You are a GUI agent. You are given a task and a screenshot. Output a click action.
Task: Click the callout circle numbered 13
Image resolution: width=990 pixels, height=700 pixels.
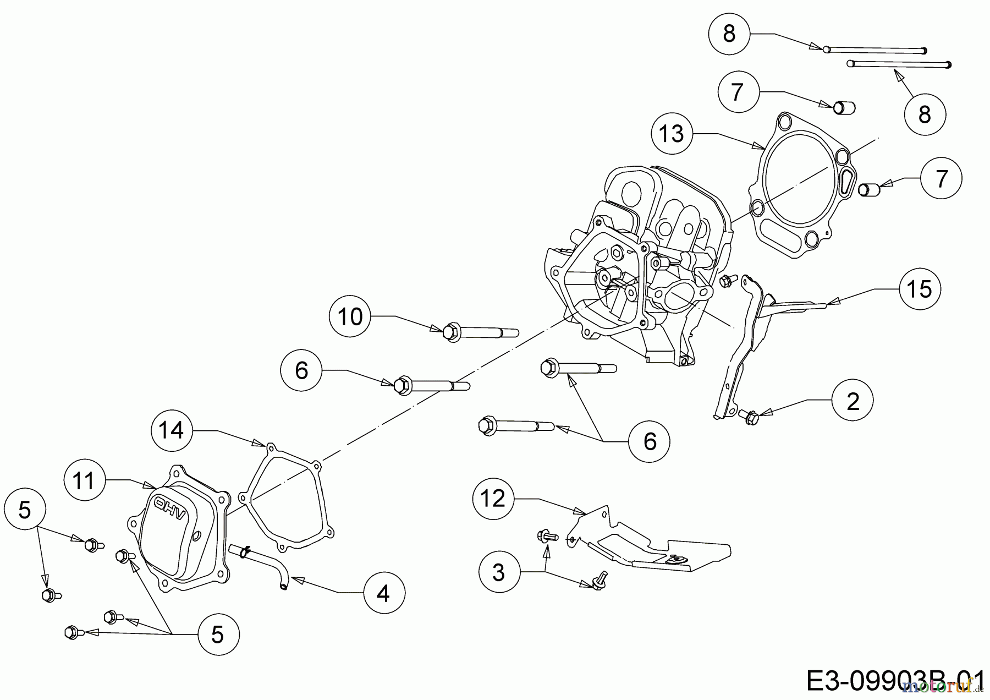[672, 133]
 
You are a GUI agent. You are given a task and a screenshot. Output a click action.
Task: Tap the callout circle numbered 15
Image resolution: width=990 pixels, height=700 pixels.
[920, 288]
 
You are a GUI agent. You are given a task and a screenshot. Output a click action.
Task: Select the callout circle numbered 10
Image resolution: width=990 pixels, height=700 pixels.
[350, 316]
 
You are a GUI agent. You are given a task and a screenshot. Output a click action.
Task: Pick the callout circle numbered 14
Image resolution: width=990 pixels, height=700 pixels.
[171, 430]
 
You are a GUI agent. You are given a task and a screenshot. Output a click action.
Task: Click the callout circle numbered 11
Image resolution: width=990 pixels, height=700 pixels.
[84, 481]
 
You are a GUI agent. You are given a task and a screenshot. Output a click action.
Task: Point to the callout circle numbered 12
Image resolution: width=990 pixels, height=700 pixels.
[493, 499]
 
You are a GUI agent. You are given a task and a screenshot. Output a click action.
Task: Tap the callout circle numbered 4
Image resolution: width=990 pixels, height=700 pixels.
[383, 593]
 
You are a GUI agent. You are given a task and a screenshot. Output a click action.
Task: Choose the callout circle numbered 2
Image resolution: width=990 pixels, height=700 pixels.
[853, 401]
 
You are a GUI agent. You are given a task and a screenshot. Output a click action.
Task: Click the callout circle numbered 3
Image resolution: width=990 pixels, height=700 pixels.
[499, 572]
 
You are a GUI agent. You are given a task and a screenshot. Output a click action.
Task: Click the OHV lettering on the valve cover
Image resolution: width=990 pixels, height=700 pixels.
[170, 508]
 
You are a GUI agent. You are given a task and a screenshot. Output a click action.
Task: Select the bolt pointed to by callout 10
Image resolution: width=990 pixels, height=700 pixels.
[479, 332]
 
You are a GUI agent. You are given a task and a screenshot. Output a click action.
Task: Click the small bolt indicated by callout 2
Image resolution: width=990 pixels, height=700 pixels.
[749, 416]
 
